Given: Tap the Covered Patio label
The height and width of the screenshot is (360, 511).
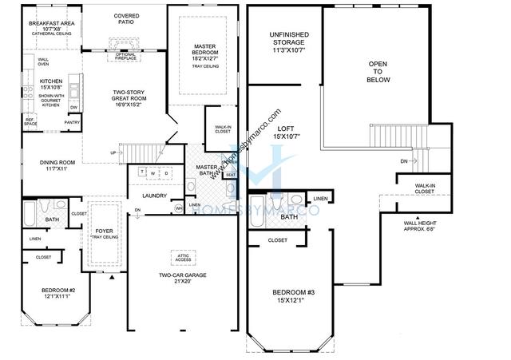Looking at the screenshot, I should (x=126, y=19).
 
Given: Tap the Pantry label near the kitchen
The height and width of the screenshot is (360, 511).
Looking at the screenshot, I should (x=73, y=122).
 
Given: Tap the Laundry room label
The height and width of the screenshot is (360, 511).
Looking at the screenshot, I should (x=153, y=195).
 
